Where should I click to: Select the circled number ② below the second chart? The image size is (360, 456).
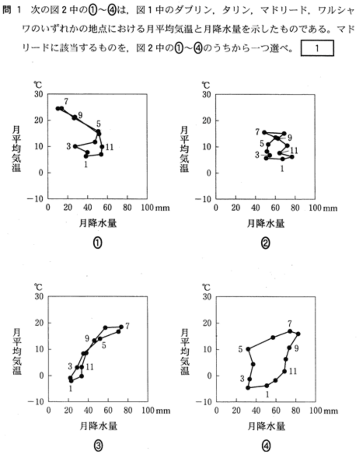[x=266, y=243]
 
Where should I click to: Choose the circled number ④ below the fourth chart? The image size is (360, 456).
[x=266, y=444]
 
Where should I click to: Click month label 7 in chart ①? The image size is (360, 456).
[x=65, y=101]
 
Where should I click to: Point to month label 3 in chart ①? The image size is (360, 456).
[x=69, y=146]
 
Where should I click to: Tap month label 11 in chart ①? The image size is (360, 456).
[x=110, y=147]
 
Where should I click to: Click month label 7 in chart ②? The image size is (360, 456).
[x=257, y=132]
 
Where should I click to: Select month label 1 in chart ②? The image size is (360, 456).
[x=282, y=168]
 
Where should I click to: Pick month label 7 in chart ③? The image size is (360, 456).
[x=127, y=326]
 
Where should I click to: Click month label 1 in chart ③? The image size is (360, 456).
[x=70, y=388]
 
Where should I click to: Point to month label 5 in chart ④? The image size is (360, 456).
[x=240, y=349]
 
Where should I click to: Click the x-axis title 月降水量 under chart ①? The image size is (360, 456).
[x=97, y=224]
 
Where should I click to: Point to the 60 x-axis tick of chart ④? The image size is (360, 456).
[x=275, y=410]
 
